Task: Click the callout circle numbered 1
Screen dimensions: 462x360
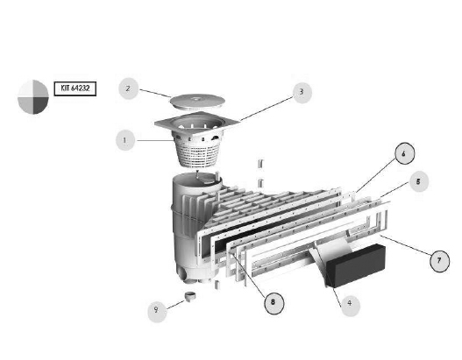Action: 125,140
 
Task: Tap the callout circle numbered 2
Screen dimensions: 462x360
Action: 129,88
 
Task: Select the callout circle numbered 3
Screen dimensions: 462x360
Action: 302,93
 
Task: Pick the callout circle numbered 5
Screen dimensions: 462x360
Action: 418,181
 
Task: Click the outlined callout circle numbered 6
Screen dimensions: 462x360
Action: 404,153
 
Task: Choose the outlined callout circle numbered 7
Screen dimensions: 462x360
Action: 439,261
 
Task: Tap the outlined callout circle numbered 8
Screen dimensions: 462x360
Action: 274,303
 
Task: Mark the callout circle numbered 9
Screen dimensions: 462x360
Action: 157,311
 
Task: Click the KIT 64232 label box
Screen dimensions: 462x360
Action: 75,88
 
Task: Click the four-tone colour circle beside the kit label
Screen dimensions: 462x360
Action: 33,97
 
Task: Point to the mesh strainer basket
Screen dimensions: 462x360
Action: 197,151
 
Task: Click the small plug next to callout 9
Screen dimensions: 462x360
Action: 190,296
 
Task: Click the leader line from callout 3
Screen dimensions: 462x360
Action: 267,109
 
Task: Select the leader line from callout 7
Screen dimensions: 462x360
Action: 406,245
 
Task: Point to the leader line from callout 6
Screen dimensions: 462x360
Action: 376,175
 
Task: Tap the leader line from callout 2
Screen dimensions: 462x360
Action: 155,94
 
